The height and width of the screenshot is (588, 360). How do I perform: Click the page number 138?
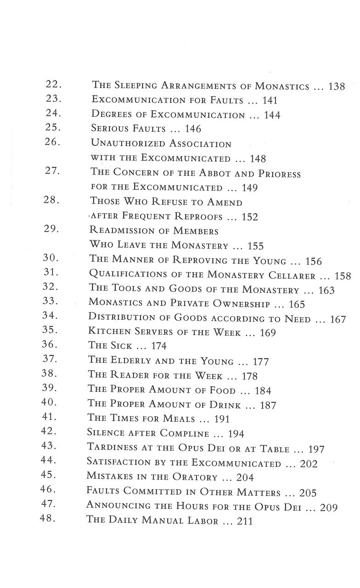(337, 86)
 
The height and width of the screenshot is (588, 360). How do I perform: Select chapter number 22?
(55, 85)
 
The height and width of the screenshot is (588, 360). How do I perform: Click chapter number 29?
(55, 230)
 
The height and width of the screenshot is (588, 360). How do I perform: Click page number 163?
(325, 291)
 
